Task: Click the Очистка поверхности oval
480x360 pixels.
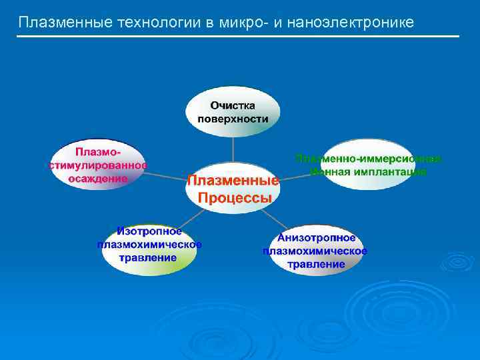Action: [233, 112]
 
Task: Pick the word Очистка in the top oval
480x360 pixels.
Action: [233, 105]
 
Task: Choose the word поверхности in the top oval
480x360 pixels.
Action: [233, 119]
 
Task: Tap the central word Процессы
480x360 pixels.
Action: [233, 197]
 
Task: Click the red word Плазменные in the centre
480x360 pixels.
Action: [233, 181]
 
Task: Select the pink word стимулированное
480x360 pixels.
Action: [98, 166]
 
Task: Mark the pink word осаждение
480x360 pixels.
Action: [98, 178]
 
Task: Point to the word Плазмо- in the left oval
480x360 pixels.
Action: [98, 153]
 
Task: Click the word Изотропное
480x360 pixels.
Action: [149, 232]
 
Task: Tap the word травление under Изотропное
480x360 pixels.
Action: [149, 257]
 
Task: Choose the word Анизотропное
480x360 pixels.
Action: [316, 238]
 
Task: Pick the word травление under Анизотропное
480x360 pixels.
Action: [316, 264]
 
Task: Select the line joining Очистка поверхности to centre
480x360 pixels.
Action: [233, 148]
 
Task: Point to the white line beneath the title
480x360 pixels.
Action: [238, 36]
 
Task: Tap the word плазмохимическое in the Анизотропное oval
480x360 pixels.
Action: [315, 251]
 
